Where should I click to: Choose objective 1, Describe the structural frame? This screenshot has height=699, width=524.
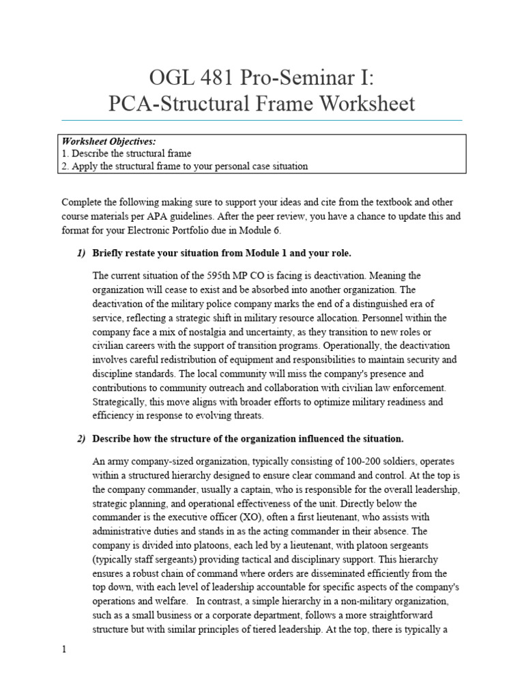(x=126, y=154)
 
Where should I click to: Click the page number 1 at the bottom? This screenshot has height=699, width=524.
(x=64, y=650)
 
